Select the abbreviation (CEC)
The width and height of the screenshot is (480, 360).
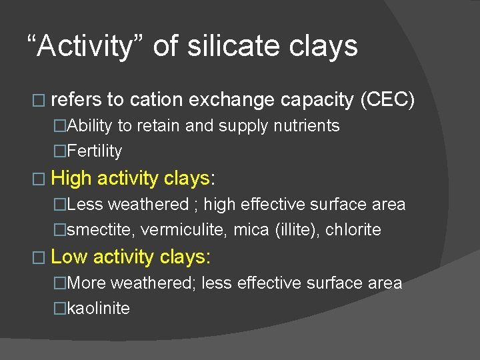(387, 100)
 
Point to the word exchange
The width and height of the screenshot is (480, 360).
(231, 100)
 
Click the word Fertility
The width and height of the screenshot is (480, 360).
(95, 151)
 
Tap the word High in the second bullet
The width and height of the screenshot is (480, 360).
(71, 178)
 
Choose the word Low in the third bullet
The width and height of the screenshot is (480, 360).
(69, 256)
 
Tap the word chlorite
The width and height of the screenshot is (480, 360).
(353, 230)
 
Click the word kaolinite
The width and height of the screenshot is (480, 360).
(99, 309)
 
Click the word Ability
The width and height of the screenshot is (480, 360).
(90, 126)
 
